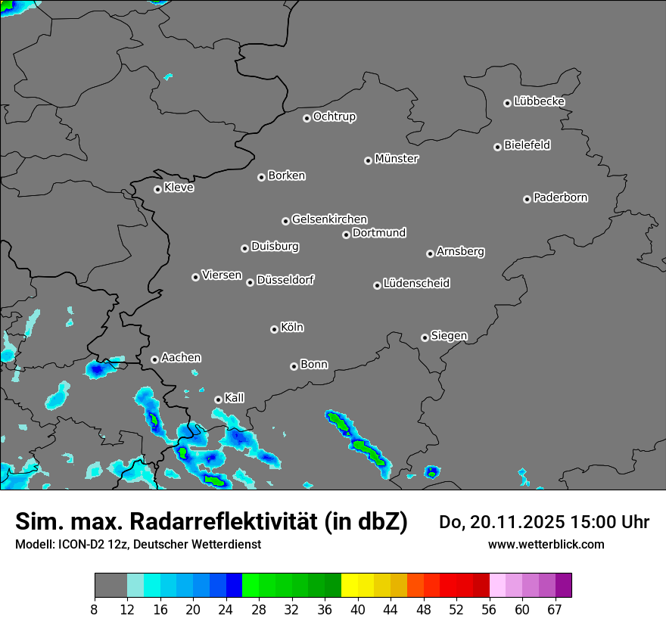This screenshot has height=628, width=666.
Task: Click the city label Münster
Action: coord(397,159)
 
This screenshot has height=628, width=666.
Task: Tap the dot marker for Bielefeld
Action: coord(498,147)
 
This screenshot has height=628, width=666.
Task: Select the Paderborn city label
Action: coord(561,197)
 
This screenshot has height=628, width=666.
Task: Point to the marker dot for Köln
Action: coord(274,329)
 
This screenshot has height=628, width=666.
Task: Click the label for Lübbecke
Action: coord(539,101)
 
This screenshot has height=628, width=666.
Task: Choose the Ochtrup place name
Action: coord(335,117)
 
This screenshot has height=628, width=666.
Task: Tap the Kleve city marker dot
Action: coord(157,189)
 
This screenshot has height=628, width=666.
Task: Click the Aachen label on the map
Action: coord(181,358)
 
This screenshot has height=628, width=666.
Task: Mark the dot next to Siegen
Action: coord(425,337)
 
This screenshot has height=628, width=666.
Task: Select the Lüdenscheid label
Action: coord(416,284)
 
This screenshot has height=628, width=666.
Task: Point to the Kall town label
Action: coord(235,398)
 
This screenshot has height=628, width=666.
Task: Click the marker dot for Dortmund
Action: coord(346,235)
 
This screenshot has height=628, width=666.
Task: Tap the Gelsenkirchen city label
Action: coord(329,219)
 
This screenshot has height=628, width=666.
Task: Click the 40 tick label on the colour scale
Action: coord(358,609)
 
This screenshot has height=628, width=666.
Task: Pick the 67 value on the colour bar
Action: coord(555,609)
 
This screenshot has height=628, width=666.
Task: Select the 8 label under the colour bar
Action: coord(95,609)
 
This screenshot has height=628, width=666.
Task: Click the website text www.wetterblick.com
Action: coord(546,544)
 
